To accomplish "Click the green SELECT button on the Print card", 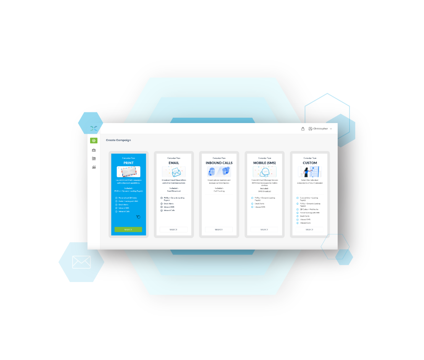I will tap(128, 230).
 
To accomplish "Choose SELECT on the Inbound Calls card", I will tap(218, 230).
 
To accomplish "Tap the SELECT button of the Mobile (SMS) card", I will tap(264, 230).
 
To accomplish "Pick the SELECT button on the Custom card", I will tap(309, 230).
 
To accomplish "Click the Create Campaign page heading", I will tap(118, 140).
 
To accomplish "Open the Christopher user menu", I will tap(320, 129).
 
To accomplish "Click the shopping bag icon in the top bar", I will tap(303, 129).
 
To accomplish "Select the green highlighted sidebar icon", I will tap(94, 141).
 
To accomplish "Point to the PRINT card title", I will tap(128, 163).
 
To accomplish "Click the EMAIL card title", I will tap(174, 163).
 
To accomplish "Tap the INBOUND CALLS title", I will tap(219, 163).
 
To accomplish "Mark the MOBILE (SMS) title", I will tap(264, 163).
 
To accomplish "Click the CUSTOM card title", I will tap(310, 163).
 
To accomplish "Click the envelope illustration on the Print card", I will tap(128, 172).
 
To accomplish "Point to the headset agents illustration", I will tap(219, 172).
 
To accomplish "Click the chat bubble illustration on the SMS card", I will tap(264, 172).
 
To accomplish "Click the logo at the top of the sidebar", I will tap(94, 128).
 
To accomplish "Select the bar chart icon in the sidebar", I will tap(94, 167).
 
